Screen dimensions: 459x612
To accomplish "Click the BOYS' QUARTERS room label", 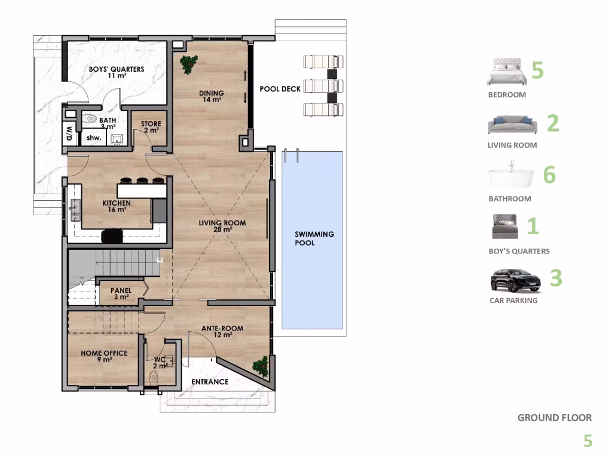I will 117,72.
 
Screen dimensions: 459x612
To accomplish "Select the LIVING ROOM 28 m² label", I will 222,226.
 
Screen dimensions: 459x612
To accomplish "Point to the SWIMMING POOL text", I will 314,238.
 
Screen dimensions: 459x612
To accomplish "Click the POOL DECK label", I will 280,89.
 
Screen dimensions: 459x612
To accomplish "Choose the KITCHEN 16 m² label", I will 117,206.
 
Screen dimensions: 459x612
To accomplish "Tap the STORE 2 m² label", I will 151,127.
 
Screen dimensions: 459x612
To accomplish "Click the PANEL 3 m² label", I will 121,293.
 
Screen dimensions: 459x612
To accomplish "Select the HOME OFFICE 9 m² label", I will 104,356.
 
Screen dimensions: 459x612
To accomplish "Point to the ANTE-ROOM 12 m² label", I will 222,332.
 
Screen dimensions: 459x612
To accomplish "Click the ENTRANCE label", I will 209,382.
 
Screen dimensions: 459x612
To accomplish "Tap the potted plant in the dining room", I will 189,64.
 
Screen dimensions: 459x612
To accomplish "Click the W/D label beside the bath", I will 69,134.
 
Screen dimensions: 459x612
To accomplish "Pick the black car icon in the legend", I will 515,280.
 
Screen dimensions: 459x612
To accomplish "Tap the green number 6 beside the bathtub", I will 549,175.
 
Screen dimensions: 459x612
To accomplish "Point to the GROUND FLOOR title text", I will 554,418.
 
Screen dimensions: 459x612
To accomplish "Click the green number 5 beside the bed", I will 537,70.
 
